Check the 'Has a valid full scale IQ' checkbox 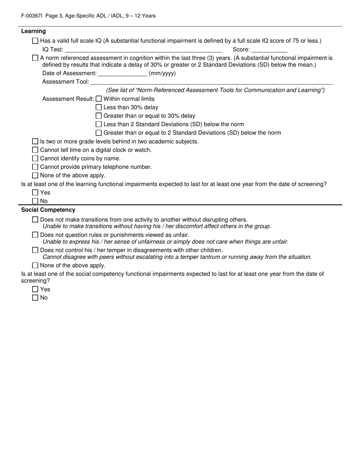(35, 41)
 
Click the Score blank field (269, 50)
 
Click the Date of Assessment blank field (122, 73)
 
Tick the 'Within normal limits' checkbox (99, 99)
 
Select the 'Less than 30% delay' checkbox (99, 108)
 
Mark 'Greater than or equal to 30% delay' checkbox (99, 116)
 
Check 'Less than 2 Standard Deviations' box (99, 124)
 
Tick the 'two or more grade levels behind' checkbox (35, 141)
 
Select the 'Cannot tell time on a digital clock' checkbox (35, 150)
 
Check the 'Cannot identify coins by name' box (35, 158)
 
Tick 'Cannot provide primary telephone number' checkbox (35, 167)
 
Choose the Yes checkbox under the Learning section (35, 192)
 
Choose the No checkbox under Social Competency (35, 298)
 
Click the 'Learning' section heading (33, 31)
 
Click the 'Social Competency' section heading (48, 210)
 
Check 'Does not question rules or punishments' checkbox (35, 235)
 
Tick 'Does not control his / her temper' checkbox (35, 250)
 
